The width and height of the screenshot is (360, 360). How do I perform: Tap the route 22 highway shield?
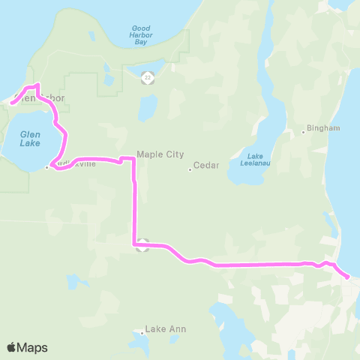[148, 76]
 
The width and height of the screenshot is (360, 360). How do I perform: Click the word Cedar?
[205, 165]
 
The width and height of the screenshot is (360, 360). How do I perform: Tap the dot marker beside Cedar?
[190, 169]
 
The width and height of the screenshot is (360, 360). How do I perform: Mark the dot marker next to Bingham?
[304, 132]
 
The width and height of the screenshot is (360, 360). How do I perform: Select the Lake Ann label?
[166, 329]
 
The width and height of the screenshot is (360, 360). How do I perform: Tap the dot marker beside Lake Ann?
[142, 332]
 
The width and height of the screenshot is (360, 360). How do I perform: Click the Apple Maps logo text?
[32, 347]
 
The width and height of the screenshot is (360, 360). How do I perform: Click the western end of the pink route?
[12, 103]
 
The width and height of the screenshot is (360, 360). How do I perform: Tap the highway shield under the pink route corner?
[144, 246]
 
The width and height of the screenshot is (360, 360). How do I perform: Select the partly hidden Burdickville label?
[75, 165]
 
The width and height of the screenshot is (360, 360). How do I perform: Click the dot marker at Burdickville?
[46, 168]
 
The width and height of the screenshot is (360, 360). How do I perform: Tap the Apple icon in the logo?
[11, 346]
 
